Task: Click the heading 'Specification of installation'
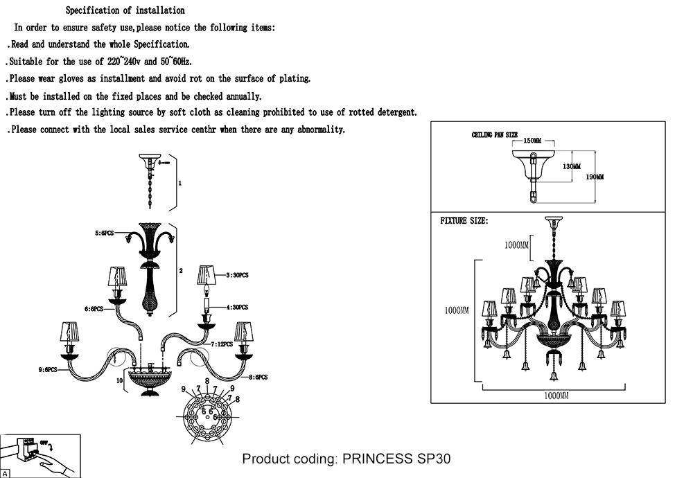(125, 10)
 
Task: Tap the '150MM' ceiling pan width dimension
(532, 141)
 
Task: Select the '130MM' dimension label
(572, 166)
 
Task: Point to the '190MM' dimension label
(595, 177)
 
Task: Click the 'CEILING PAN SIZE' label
(495, 135)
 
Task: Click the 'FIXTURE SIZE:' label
(464, 221)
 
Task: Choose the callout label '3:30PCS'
(236, 275)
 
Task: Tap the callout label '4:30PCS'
(236, 307)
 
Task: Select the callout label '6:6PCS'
(94, 309)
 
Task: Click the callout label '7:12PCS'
(223, 344)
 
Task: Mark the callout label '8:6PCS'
(258, 377)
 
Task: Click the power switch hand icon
(40, 455)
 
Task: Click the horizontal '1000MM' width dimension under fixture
(556, 395)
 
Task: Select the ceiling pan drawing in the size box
(533, 170)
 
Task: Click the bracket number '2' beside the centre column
(180, 271)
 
